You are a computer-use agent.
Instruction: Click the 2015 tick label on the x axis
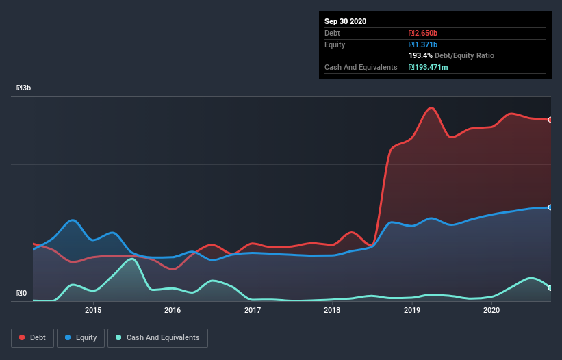[x=93, y=311]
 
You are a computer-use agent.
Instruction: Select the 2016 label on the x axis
[x=173, y=311]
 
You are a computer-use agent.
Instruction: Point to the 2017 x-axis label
[x=253, y=311]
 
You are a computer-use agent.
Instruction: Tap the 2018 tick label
[x=332, y=311]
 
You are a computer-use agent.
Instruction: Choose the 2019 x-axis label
[x=412, y=311]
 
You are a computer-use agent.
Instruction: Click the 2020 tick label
[x=491, y=311]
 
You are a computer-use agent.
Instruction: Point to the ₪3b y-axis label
[x=24, y=88]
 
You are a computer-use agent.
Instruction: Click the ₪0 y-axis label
[x=22, y=294]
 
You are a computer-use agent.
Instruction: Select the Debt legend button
[x=31, y=337]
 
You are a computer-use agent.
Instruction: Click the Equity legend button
[x=81, y=337]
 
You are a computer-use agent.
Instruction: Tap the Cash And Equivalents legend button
[x=157, y=337]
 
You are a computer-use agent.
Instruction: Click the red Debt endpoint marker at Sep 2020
[x=550, y=120]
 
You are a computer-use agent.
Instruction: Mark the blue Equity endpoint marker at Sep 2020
[x=550, y=207]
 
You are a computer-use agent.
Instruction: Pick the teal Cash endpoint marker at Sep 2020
[x=550, y=288]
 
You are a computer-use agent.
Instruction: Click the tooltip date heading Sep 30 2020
[x=346, y=21]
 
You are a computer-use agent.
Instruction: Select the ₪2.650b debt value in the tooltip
[x=422, y=33]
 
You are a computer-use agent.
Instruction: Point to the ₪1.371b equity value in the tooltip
[x=422, y=44]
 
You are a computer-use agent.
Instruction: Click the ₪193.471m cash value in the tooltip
[x=429, y=67]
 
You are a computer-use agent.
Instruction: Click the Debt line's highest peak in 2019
[x=431, y=107]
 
